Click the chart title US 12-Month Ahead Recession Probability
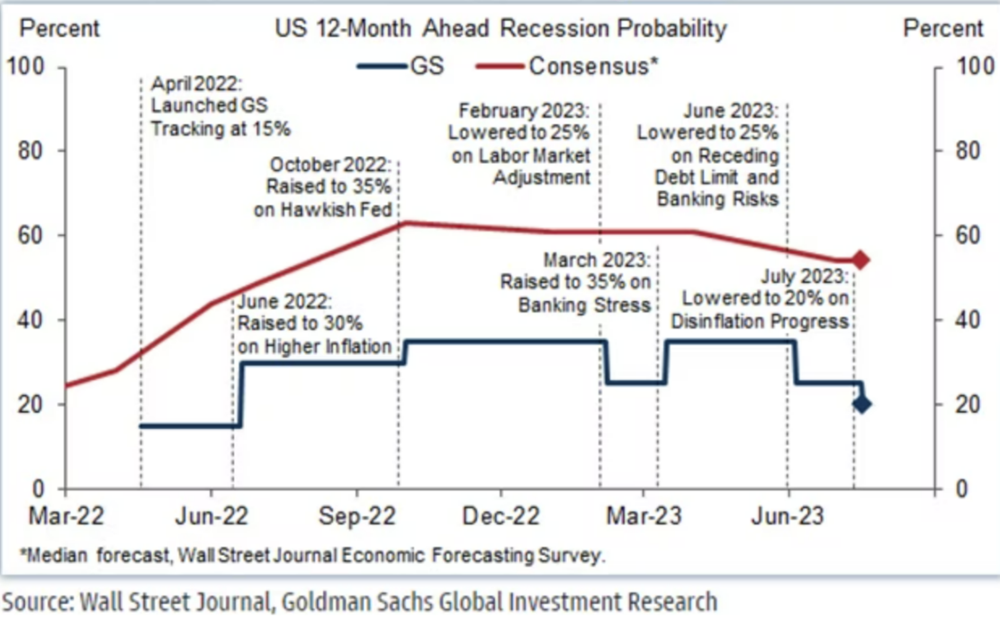(500, 28)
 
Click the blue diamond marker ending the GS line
(861, 404)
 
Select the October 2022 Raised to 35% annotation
(329, 187)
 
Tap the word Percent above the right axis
(944, 28)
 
